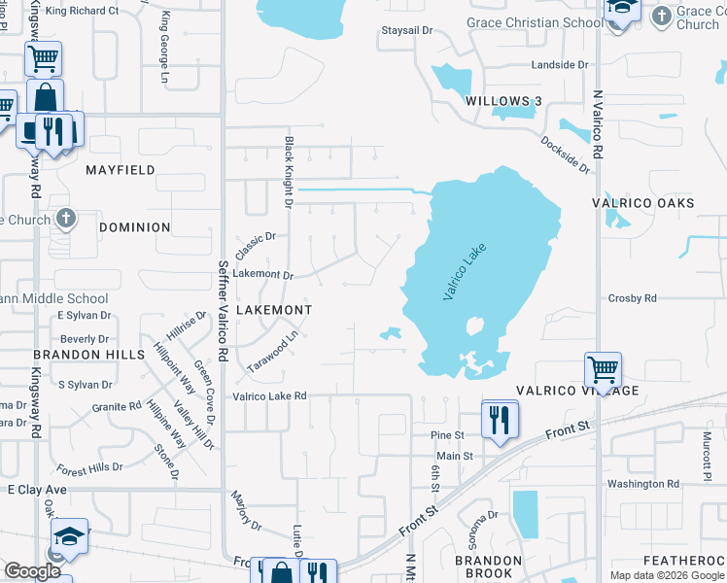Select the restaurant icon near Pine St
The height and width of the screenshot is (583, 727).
click(x=500, y=420)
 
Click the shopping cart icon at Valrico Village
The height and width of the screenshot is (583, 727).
click(x=603, y=370)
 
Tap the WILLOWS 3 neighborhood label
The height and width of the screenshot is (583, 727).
click(x=502, y=101)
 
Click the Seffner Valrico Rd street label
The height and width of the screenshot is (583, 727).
click(x=223, y=312)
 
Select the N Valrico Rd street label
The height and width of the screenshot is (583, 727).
click(x=598, y=126)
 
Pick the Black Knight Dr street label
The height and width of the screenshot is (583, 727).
click(x=289, y=172)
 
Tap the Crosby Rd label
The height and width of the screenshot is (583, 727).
click(x=632, y=298)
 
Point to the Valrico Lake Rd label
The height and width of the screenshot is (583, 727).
click(x=269, y=396)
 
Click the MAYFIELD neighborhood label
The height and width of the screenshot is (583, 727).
click(x=121, y=169)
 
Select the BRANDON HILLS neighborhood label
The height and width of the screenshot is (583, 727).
click(x=75, y=355)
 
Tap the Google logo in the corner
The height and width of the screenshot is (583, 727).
click(x=32, y=571)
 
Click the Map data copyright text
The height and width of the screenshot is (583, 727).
click(x=667, y=575)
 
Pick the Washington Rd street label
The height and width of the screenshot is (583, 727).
click(x=643, y=484)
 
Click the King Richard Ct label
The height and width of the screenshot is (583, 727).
click(x=82, y=11)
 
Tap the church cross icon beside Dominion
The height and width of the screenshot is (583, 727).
click(x=65, y=218)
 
